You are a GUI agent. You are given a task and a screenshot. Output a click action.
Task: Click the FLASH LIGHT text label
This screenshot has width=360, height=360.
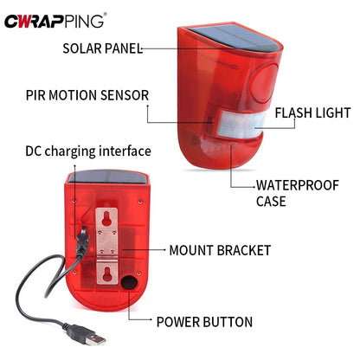click(x=312, y=112)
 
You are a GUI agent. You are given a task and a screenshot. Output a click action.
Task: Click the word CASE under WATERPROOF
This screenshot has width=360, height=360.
click(x=271, y=202)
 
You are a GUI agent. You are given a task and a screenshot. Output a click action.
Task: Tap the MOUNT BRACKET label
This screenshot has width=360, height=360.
click(x=220, y=250)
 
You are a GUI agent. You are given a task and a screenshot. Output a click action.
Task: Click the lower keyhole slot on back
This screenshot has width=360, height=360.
click(x=108, y=275)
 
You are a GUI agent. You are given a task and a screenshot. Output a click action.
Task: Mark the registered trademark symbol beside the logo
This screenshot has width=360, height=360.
click(x=106, y=12)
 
